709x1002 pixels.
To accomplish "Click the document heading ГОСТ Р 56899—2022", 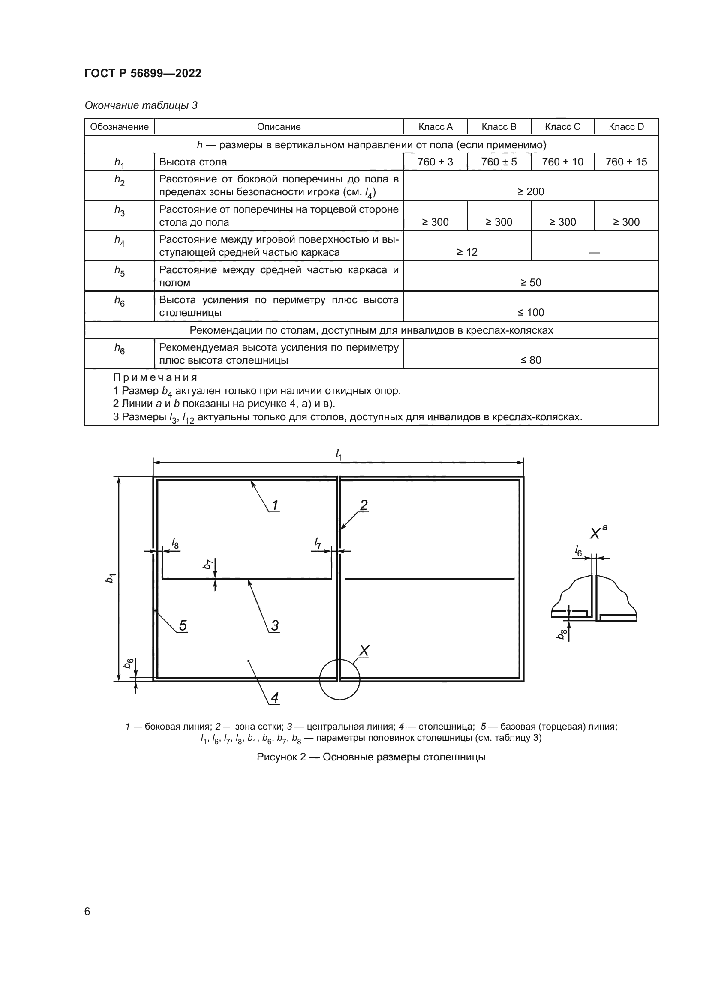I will pos(143,73).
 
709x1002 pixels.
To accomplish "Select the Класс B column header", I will pos(499,126).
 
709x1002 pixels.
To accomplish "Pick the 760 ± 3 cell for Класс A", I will pos(435,162).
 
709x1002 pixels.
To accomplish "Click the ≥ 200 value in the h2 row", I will pos(530,191).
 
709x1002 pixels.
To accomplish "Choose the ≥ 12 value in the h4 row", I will pos(467,252).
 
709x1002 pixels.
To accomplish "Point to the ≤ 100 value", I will pos(530,312).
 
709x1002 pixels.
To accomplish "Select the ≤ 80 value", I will pos(530,360).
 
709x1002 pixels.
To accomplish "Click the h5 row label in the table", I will pos(119,272).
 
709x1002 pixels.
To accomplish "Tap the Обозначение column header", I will pos(119,126).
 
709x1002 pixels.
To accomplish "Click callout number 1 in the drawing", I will pos(275,505).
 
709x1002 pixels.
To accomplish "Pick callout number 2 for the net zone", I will pos(363,505).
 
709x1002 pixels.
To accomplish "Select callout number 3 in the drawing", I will pos(275,625).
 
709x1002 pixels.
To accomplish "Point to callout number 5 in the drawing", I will pos(183,625).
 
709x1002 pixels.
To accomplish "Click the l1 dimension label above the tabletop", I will pos(338,455).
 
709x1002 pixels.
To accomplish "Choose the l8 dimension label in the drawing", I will pos(174,543).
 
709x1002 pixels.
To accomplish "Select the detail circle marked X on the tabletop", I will pos(339,679).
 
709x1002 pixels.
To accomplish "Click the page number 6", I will pos(87,911).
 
